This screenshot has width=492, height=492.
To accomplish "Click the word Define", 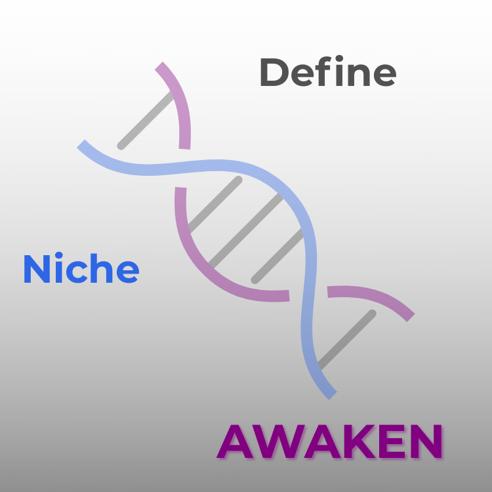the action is pyautogui.click(x=327, y=73).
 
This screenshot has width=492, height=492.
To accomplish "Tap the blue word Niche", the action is pyautogui.click(x=81, y=269).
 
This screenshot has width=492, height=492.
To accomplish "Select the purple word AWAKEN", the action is pyautogui.click(x=329, y=441).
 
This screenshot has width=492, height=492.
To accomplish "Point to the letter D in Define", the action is pyautogui.click(x=274, y=73).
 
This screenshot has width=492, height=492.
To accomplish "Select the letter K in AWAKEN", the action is pyautogui.click(x=360, y=442).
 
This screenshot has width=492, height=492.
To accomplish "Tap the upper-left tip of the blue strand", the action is pyautogui.click(x=81, y=144).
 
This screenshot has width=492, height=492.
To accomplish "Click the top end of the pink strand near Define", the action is pyautogui.click(x=160, y=66).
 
